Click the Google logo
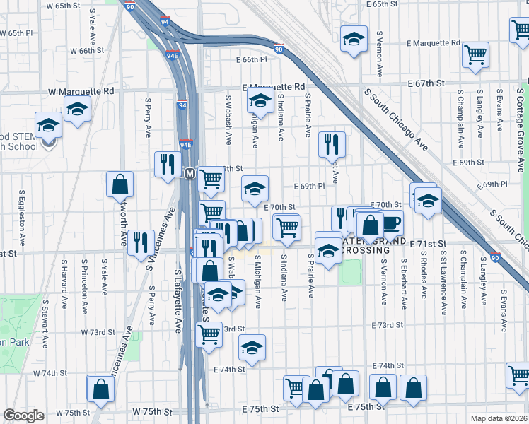[x=23, y=416]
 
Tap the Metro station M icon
[x=190, y=173]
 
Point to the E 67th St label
[x=425, y=83]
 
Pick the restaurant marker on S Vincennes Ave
[x=141, y=242]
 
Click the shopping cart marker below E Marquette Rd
[x=476, y=54]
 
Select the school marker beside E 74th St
[x=252, y=347]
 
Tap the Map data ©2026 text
[x=499, y=418]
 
